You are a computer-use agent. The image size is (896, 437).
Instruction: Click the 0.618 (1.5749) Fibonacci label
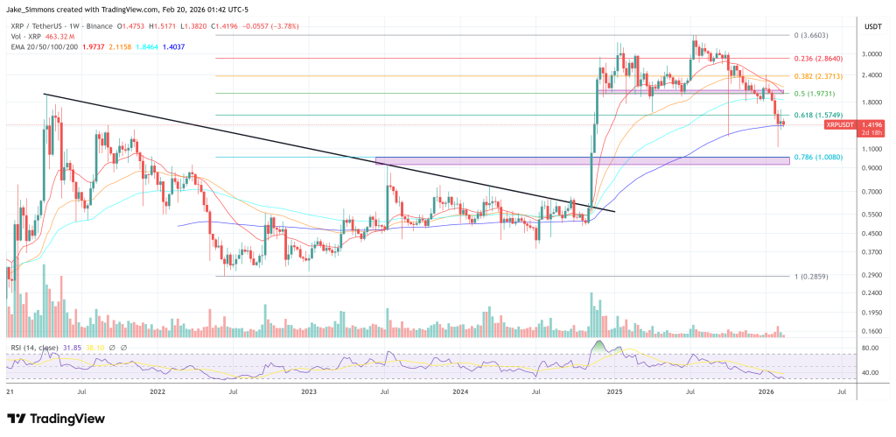coord(817,115)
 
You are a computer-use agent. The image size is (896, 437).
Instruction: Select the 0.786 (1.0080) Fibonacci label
coord(817,157)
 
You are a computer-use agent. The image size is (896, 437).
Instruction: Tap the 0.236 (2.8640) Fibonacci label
coord(817,58)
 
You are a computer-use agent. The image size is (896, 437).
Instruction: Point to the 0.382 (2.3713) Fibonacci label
coord(817,76)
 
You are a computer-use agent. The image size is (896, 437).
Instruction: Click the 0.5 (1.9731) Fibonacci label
coord(814,93)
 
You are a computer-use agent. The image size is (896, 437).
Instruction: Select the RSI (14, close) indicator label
coord(34,349)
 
